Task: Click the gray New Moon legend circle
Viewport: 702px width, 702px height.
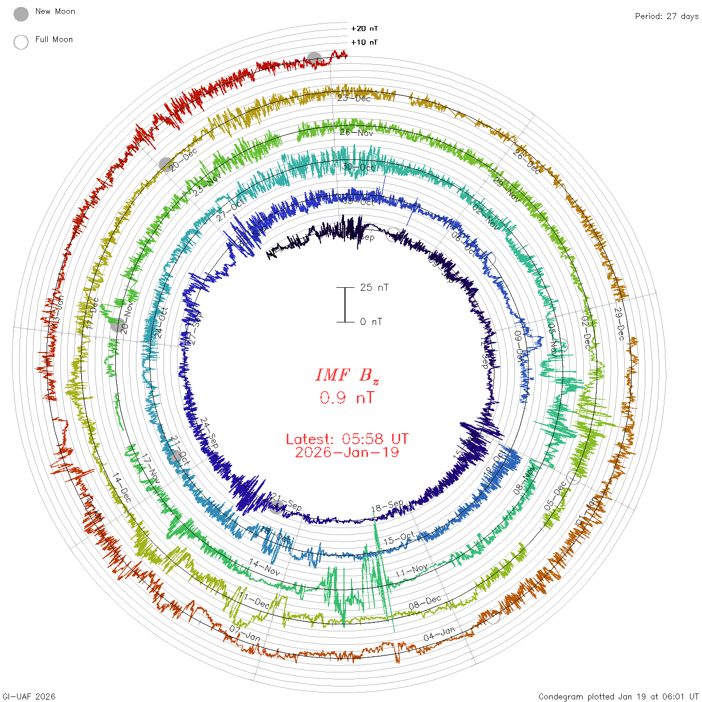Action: point(21,15)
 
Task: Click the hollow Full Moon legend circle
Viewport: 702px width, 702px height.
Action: point(21,43)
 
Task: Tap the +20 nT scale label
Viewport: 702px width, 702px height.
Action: point(365,29)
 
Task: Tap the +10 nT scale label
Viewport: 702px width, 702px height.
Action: point(365,42)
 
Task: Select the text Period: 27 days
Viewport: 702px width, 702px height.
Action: point(666,16)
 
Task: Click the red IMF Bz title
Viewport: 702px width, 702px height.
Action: point(347,375)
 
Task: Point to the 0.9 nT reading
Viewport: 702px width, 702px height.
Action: point(347,398)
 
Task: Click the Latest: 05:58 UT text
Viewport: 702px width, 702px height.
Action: point(347,439)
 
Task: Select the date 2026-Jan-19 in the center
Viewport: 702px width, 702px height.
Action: point(347,452)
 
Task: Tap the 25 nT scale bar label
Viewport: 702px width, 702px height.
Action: point(374,287)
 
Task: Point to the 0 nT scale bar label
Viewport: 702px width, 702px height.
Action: point(371,321)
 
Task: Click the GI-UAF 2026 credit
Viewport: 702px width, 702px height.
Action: point(29,696)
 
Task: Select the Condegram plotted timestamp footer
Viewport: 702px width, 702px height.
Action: point(618,696)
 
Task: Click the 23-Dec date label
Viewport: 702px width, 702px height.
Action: point(354,98)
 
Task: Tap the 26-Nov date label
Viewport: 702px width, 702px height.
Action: point(357,132)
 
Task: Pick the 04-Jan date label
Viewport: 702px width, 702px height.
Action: point(439,634)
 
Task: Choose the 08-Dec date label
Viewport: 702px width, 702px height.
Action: point(425,602)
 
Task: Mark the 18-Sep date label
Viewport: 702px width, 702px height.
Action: point(387,506)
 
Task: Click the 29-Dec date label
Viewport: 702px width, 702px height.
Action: point(620,324)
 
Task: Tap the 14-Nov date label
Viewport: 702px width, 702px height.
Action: point(264,567)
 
